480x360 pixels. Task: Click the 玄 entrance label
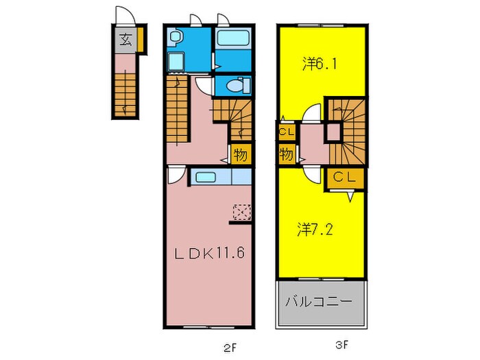tap(126, 40)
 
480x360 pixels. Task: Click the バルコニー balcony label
tap(320, 302)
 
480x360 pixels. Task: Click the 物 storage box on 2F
tap(241, 154)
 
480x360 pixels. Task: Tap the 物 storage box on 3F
tap(287, 155)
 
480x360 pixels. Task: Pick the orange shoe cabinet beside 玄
tap(140, 39)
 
